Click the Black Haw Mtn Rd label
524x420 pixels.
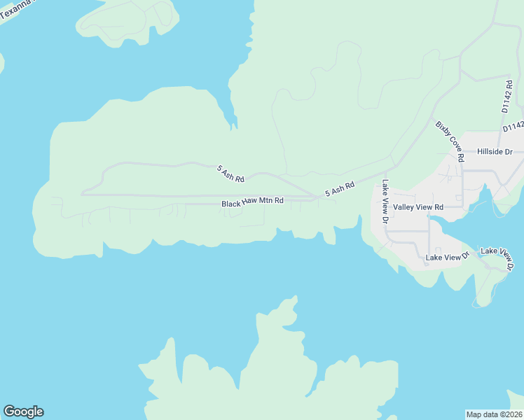(x=252, y=202)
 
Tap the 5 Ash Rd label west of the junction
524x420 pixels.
(x=230, y=174)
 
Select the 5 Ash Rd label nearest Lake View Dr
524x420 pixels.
(x=340, y=189)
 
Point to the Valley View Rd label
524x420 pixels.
(x=418, y=207)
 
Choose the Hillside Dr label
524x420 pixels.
(x=495, y=151)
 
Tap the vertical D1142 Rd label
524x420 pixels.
(x=508, y=96)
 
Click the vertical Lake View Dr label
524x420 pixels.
(x=385, y=202)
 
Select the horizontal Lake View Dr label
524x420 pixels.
(x=447, y=258)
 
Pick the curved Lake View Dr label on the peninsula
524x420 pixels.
(x=498, y=255)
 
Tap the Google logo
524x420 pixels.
(x=23, y=412)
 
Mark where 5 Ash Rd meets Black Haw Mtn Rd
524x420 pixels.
(x=316, y=198)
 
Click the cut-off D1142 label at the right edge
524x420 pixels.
(x=513, y=127)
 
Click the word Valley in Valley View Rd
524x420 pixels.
(x=404, y=207)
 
